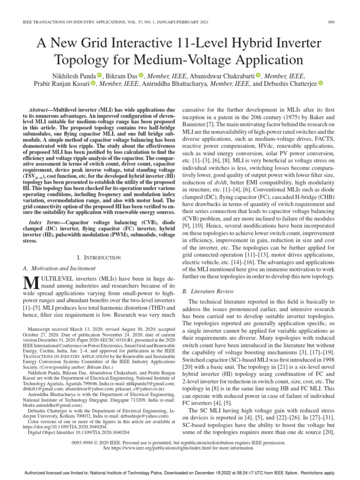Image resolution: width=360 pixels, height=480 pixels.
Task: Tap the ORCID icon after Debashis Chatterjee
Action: point(321,83)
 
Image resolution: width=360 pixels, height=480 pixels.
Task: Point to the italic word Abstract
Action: point(40,108)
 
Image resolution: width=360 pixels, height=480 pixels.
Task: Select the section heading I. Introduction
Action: point(98,257)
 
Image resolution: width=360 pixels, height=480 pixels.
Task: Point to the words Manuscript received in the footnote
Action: point(49,330)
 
